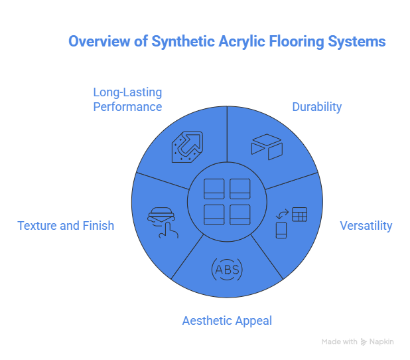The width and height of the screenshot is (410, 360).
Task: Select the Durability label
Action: (317, 107)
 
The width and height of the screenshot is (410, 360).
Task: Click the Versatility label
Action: (366, 226)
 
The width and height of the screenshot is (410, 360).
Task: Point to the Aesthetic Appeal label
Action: (227, 321)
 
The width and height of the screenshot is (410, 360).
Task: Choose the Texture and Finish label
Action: (66, 226)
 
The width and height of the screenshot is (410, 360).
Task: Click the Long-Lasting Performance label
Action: (127, 99)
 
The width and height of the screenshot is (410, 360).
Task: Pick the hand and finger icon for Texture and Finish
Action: (163, 220)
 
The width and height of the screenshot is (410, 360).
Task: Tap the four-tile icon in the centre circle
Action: (227, 201)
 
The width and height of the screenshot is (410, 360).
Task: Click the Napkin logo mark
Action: (364, 342)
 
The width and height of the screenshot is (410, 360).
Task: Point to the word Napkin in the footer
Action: (382, 342)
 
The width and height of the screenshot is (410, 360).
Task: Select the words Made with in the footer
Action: (340, 342)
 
